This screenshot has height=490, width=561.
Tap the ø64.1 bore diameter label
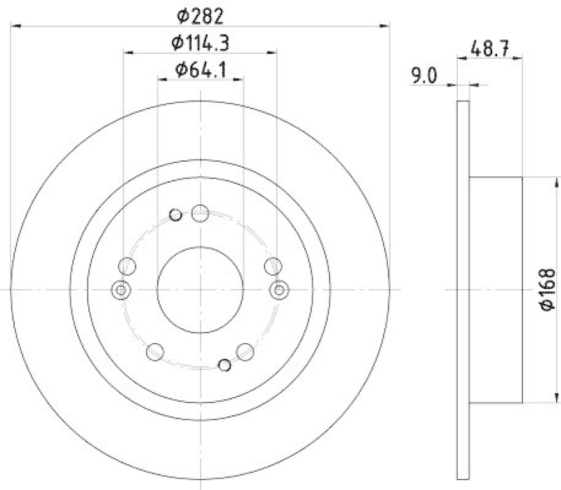201,69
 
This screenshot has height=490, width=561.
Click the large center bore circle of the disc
201,289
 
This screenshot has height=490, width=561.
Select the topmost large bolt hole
201,213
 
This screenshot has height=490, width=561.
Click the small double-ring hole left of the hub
121,289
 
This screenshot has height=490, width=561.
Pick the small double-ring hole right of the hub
280,289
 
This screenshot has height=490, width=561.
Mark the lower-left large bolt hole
156,351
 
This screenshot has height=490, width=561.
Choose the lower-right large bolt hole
245,351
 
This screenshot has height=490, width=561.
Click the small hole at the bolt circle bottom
224,364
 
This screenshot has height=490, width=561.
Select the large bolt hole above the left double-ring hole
128,265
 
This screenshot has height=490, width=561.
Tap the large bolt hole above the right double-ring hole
273,265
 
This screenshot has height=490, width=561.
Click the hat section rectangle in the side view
495,289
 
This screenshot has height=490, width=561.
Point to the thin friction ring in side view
461,289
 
